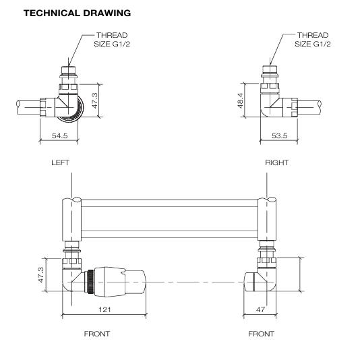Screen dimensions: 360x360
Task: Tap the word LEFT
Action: click(60, 163)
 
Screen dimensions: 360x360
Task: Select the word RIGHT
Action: click(277, 163)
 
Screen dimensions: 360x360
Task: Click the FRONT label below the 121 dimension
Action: click(96, 334)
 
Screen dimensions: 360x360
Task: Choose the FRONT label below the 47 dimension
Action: click(261, 334)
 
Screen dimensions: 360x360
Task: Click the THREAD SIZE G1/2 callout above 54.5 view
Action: click(111, 39)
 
